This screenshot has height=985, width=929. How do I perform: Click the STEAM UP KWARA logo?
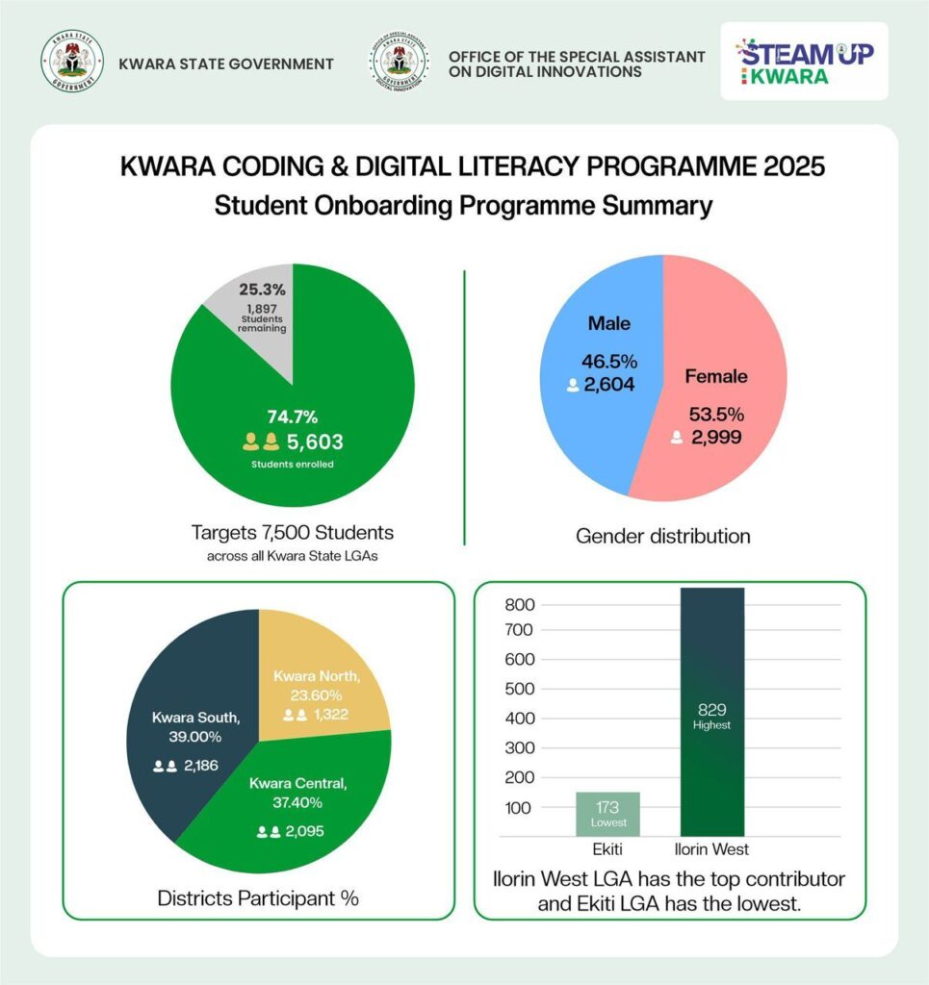(x=805, y=63)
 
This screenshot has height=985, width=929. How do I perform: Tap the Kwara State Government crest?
(x=71, y=63)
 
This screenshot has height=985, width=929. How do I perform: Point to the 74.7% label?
(x=292, y=417)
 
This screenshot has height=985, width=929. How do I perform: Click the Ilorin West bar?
(x=711, y=712)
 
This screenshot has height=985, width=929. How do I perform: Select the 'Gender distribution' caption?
(x=662, y=536)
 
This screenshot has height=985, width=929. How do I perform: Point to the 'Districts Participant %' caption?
(x=258, y=899)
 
